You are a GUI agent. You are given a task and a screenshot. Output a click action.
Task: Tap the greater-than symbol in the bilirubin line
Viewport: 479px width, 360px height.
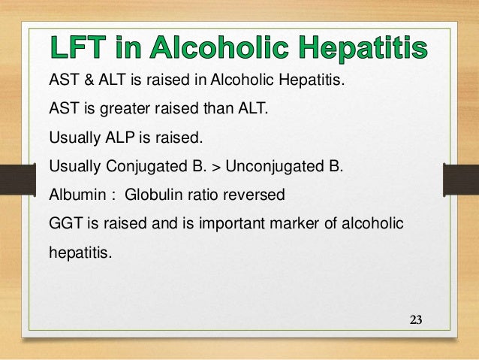[x=204, y=168]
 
